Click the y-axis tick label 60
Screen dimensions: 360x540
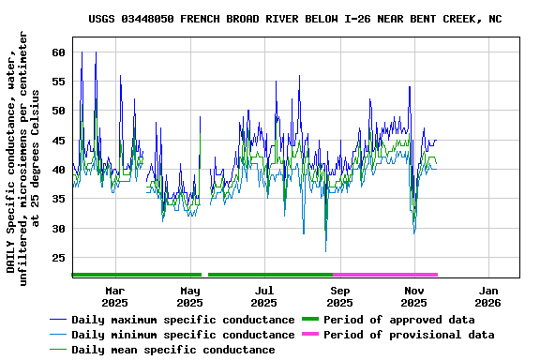click(x=58, y=52)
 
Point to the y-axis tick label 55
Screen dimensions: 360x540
click(x=58, y=82)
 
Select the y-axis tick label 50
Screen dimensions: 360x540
click(x=58, y=111)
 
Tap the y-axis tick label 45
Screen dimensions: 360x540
click(x=58, y=141)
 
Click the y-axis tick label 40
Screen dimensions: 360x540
click(x=58, y=170)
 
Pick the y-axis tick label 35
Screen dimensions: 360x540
click(x=58, y=199)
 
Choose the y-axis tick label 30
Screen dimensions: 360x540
click(x=58, y=229)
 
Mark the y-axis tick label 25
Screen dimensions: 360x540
click(x=58, y=258)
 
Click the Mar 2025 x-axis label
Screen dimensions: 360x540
click(x=114, y=296)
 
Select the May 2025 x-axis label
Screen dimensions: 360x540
click(x=189, y=296)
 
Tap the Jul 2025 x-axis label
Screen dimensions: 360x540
click(x=264, y=296)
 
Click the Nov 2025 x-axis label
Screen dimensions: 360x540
click(x=413, y=296)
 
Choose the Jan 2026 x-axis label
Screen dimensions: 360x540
click(x=488, y=296)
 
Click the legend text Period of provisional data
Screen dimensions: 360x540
click(x=408, y=335)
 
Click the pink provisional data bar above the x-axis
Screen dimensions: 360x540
click(x=385, y=275)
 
